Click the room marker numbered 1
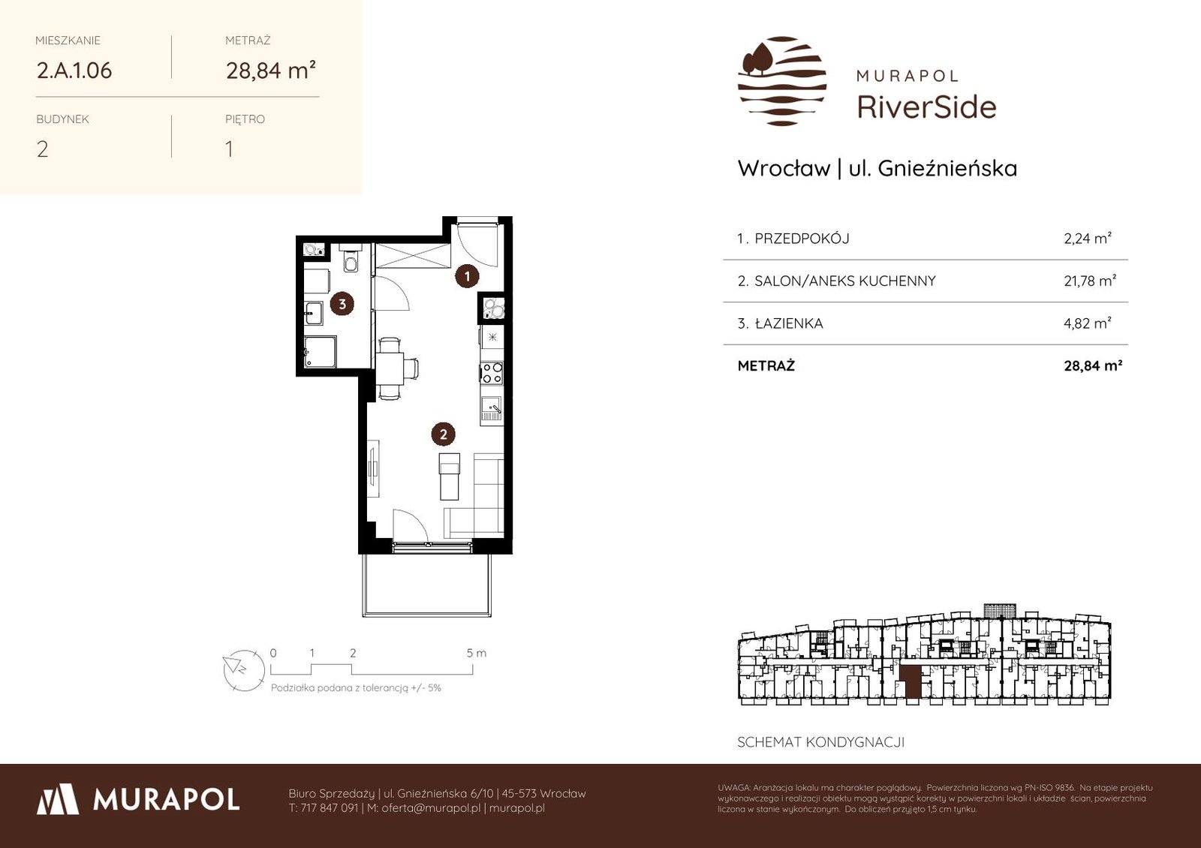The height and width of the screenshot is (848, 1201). click(467, 276)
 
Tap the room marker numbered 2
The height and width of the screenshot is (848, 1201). click(444, 435)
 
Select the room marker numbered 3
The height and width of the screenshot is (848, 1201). click(342, 304)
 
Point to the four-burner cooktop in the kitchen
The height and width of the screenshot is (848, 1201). click(492, 373)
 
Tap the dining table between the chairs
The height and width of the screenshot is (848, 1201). click(390, 368)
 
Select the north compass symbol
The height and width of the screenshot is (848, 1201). click(244, 670)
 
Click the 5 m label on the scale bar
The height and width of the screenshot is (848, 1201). click(476, 653)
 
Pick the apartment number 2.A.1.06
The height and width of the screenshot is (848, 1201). click(74, 71)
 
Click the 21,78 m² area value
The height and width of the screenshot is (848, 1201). click(1090, 281)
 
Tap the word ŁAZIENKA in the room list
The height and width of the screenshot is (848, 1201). click(789, 323)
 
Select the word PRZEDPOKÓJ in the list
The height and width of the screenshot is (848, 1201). click(802, 239)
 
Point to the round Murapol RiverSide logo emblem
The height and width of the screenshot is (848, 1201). click(782, 81)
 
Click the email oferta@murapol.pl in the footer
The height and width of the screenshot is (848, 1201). click(431, 808)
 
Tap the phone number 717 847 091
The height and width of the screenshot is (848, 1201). click(330, 808)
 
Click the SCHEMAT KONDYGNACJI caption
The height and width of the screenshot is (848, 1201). click(821, 742)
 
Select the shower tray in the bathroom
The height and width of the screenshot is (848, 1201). click(320, 352)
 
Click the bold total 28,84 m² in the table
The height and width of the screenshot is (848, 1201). click(1093, 365)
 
